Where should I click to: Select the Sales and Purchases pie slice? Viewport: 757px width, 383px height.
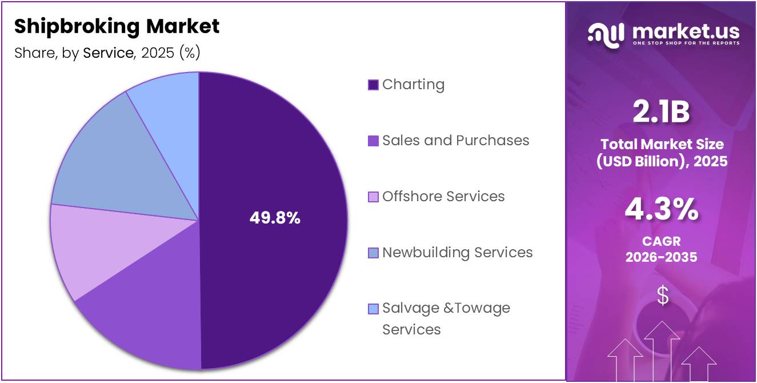(x=143, y=320)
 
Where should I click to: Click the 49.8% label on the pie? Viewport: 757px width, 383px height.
(x=275, y=218)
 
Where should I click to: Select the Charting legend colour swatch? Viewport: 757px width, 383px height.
(x=373, y=85)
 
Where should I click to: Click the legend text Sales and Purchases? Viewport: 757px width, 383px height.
(x=455, y=141)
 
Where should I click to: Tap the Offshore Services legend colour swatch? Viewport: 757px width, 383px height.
(x=373, y=197)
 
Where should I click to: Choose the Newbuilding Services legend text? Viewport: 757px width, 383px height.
(x=457, y=253)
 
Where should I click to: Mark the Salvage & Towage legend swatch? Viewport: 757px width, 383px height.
(x=373, y=309)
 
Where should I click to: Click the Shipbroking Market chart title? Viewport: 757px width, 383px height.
(x=117, y=26)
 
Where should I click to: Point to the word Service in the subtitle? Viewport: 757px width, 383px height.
(x=108, y=53)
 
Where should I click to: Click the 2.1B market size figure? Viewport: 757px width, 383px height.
(x=661, y=112)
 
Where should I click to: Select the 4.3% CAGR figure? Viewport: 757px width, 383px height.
(x=661, y=210)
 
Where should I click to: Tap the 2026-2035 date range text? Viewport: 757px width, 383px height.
(x=661, y=257)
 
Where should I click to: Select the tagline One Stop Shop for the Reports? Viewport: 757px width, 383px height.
(x=686, y=43)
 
